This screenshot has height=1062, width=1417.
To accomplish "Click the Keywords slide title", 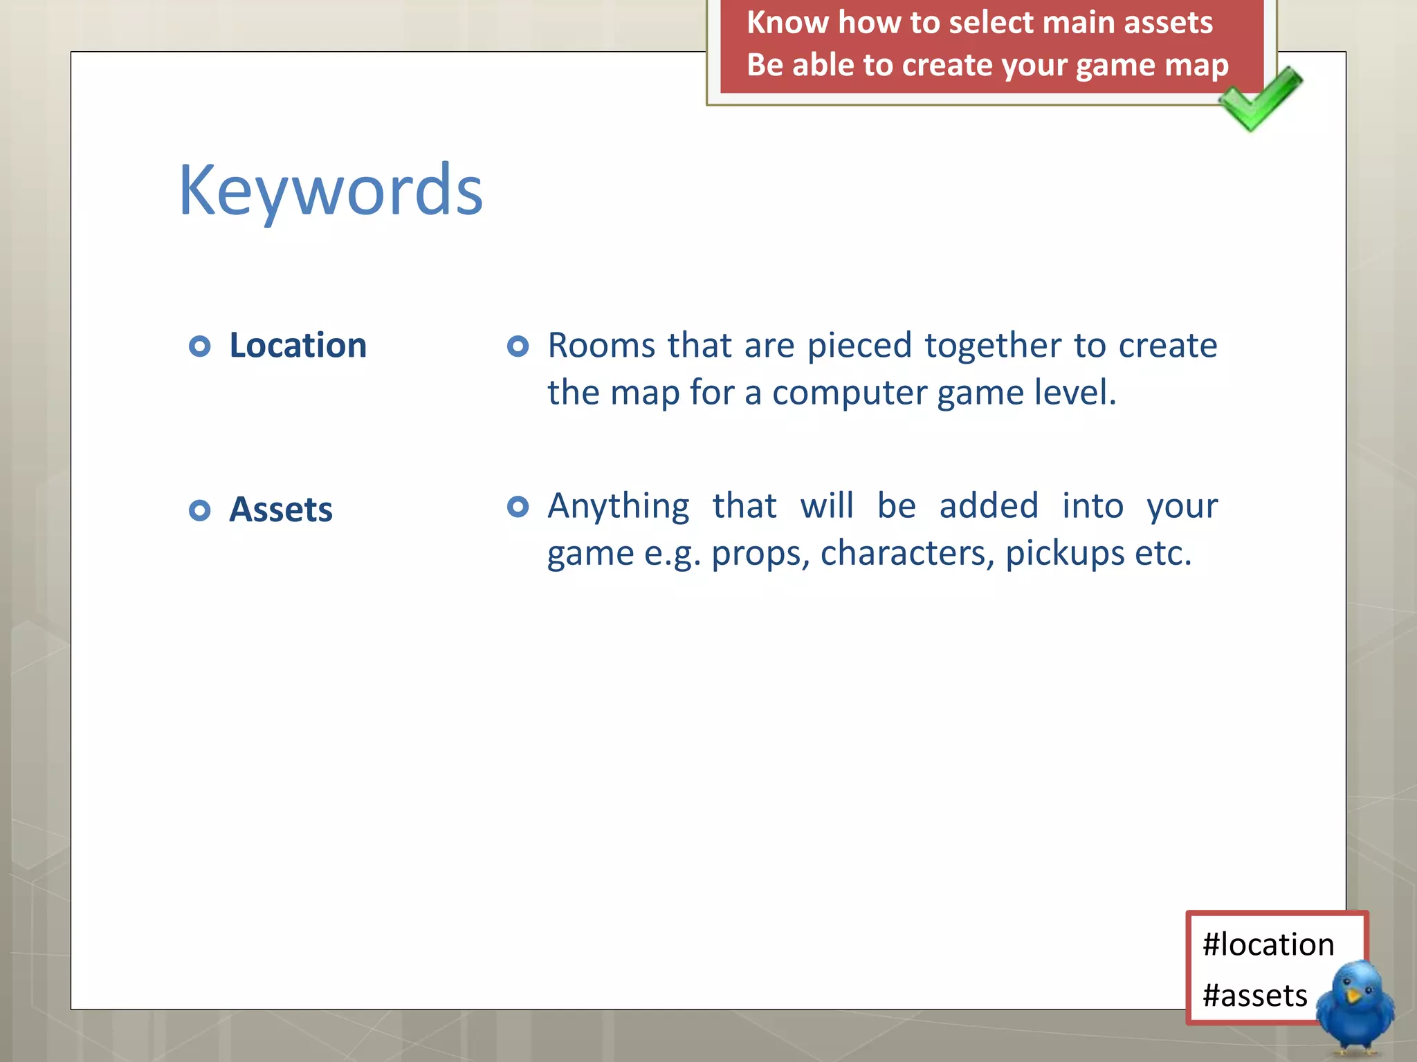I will [331, 190].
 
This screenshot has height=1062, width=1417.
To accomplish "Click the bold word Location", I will [298, 345].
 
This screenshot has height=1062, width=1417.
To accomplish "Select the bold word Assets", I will [281, 510].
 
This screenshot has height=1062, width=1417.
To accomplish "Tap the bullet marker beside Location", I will [199, 346].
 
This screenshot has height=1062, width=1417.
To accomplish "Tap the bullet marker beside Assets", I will [199, 510].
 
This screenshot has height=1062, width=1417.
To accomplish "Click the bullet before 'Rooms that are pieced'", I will [518, 346].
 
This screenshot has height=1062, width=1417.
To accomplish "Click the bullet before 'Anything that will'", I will [518, 507].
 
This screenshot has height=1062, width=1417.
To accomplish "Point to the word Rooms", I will [601, 345].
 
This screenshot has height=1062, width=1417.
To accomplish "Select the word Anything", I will [619, 506].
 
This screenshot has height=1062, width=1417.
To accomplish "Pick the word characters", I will [907, 553].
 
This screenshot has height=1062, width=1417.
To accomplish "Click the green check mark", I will [1261, 98].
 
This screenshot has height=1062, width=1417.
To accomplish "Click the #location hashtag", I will [1268, 944].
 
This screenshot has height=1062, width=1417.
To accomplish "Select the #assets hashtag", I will [1254, 996].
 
